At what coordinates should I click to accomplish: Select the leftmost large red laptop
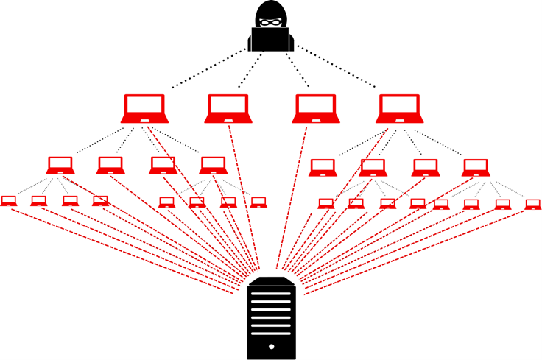point(144,108)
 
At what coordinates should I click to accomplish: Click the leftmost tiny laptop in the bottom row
point(9,200)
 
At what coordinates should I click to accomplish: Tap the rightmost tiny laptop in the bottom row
point(533,204)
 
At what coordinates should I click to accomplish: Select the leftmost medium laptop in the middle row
point(60,165)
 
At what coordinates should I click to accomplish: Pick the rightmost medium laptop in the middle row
point(476,168)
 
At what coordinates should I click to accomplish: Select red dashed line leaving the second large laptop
point(243,191)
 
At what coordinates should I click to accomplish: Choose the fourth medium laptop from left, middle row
point(212,165)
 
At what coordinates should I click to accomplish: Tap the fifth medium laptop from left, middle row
point(323,168)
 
